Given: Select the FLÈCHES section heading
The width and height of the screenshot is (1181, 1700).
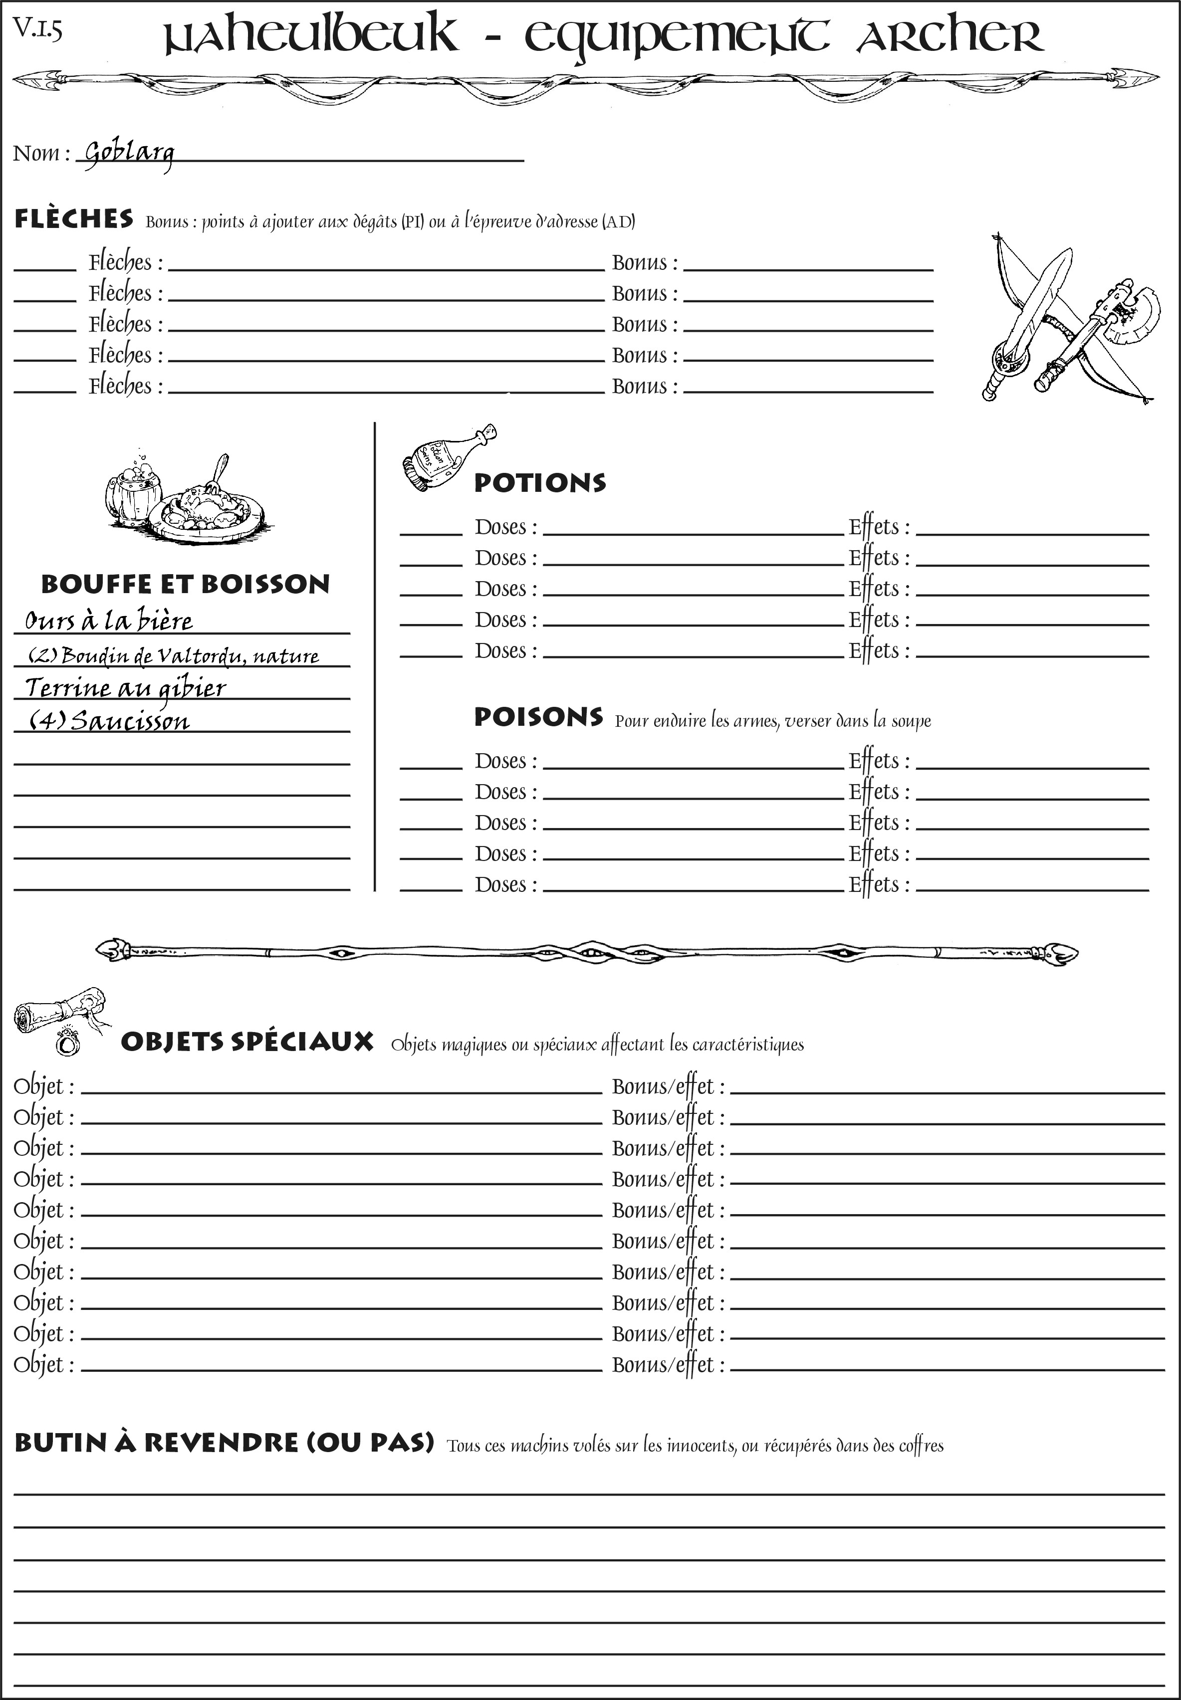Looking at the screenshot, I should tap(74, 219).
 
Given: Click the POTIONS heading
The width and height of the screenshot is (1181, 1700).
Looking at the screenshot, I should tap(539, 483).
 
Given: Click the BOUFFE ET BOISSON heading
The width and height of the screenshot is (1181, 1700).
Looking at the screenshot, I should tap(185, 584).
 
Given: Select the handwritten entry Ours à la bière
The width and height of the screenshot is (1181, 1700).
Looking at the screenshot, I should tap(109, 620).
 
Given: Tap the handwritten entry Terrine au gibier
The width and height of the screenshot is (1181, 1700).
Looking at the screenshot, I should tap(125, 687).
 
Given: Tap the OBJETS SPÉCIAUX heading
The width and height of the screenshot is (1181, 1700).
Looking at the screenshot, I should tap(246, 1042).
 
